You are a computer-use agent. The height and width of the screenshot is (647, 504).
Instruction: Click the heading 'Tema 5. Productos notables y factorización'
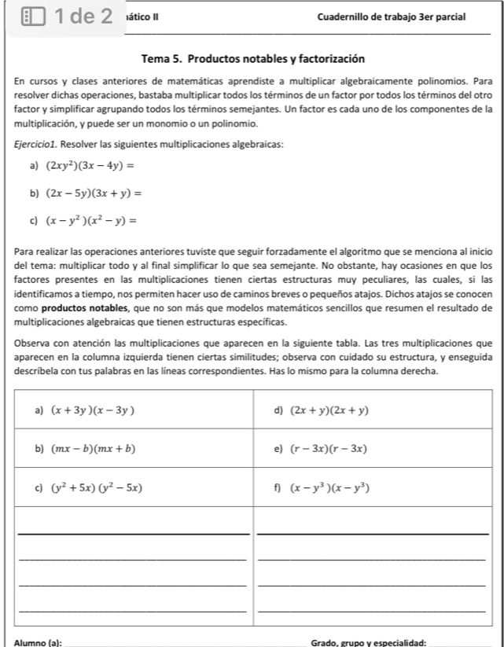pyautogui.click(x=252, y=59)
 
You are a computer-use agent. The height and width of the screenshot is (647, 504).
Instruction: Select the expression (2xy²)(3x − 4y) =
pyautogui.click(x=90, y=166)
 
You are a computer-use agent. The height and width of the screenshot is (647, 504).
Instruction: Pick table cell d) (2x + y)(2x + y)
pyautogui.click(x=329, y=410)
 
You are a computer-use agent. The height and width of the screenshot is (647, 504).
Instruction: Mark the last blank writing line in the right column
pyautogui.click(x=373, y=610)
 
